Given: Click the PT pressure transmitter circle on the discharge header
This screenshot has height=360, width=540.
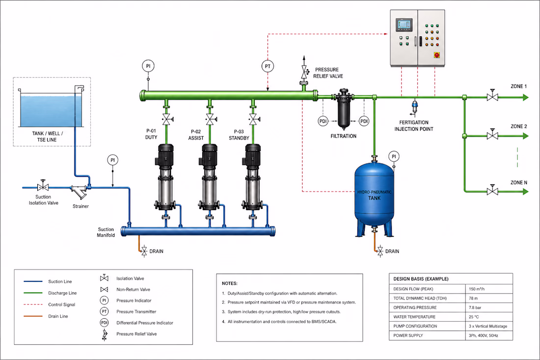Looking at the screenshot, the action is (268, 66).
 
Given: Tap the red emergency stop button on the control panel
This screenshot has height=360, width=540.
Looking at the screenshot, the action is (437, 55).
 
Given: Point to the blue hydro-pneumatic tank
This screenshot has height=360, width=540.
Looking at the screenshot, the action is (375, 197).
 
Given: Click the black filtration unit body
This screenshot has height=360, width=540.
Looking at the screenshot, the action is (343, 109).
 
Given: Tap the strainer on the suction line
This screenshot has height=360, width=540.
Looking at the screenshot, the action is (80, 192).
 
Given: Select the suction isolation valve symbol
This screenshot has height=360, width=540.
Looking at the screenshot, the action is (43, 186).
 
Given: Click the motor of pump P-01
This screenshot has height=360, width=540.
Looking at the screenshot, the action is (165, 156).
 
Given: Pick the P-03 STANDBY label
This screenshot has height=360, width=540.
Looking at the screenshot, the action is (239, 135).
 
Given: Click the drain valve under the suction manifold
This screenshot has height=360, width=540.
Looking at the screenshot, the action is (144, 251).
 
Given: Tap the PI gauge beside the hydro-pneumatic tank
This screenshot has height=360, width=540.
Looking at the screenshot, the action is (394, 156).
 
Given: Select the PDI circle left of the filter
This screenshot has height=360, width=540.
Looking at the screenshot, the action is (323, 121).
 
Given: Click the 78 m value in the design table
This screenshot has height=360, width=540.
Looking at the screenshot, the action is (473, 298).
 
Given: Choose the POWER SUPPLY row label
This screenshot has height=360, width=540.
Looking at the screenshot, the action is (408, 335).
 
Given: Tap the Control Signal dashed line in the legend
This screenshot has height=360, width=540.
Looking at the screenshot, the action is (33, 305).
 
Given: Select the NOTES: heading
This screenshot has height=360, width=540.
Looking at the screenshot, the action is (230, 283).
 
